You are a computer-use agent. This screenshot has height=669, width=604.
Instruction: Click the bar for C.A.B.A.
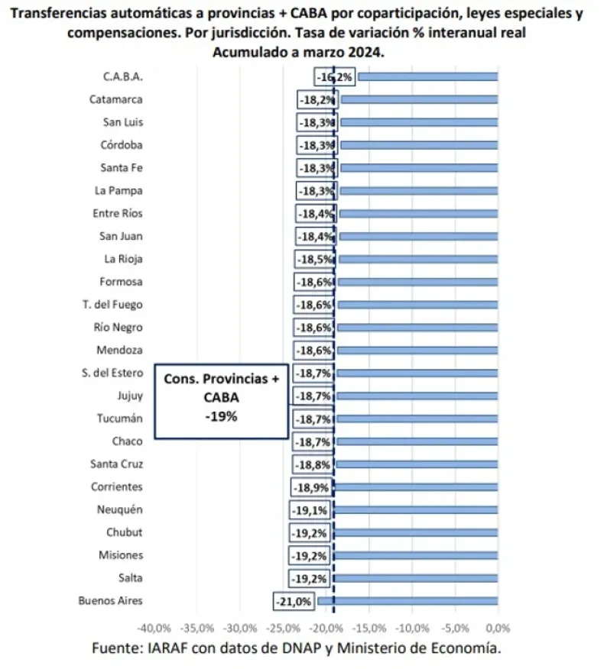(428, 76)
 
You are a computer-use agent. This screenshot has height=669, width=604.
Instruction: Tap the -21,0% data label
(293, 602)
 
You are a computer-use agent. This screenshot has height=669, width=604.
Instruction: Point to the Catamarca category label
(115, 99)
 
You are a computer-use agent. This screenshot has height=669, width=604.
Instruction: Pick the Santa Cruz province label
(116, 464)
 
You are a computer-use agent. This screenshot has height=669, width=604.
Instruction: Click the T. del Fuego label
(112, 305)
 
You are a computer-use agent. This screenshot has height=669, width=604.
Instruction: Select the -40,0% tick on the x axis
(154, 628)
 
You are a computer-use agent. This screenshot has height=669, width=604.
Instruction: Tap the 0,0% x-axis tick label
(498, 628)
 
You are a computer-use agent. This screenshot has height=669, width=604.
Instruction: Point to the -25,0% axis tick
(283, 628)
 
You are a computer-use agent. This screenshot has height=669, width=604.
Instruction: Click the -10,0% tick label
(412, 628)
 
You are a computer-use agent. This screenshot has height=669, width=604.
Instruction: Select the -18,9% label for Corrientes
(312, 487)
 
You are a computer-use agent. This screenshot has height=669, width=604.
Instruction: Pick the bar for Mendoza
(417, 351)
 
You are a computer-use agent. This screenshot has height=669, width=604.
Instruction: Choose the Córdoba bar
(419, 145)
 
